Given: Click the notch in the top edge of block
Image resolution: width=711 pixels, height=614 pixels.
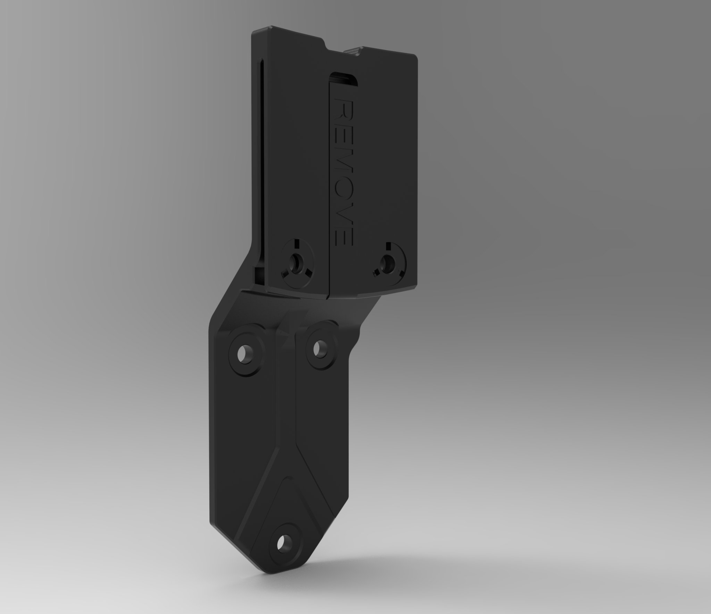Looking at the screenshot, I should coord(342,49).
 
